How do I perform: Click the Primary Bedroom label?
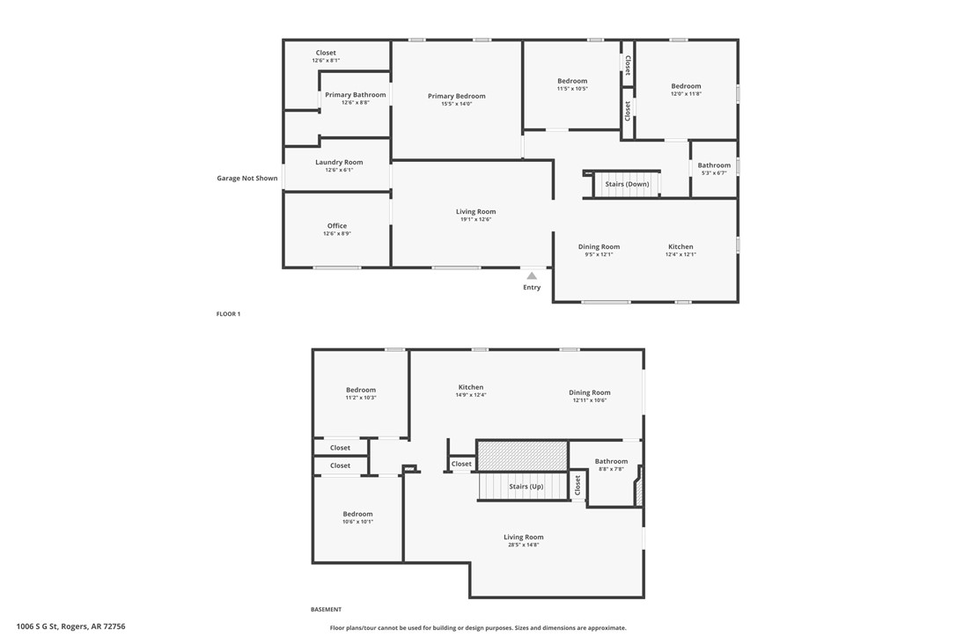456,96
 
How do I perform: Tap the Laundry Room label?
339,162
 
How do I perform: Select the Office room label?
337,226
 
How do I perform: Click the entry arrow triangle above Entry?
532,275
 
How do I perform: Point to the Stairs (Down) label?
627,184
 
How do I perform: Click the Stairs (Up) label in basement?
526,487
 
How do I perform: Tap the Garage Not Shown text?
246,179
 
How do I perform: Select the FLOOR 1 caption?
228,314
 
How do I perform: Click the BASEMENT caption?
326,609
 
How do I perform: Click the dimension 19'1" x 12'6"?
475,219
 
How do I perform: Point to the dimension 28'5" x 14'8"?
523,545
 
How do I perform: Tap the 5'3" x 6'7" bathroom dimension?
714,172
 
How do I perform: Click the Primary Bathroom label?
355,95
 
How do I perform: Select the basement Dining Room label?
589,392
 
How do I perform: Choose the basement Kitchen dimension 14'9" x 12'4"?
470,395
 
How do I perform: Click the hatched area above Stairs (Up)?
522,456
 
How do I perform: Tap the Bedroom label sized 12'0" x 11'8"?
686,86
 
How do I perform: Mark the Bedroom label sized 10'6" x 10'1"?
357,514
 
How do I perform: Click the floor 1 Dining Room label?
599,246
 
